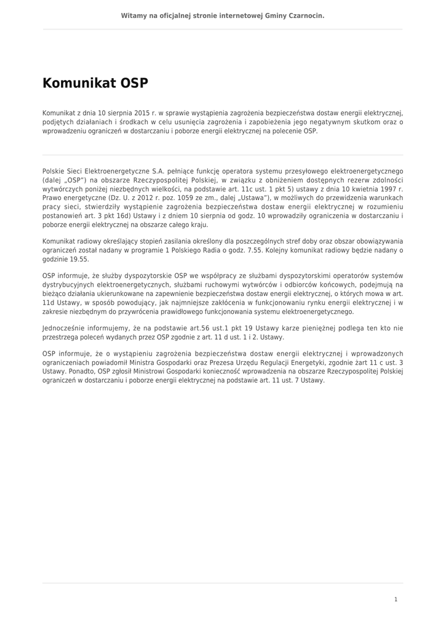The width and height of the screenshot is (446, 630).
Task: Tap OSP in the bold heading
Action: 134,83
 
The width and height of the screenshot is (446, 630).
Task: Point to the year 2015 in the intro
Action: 142,113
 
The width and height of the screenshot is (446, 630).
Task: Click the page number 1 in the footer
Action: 396,599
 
